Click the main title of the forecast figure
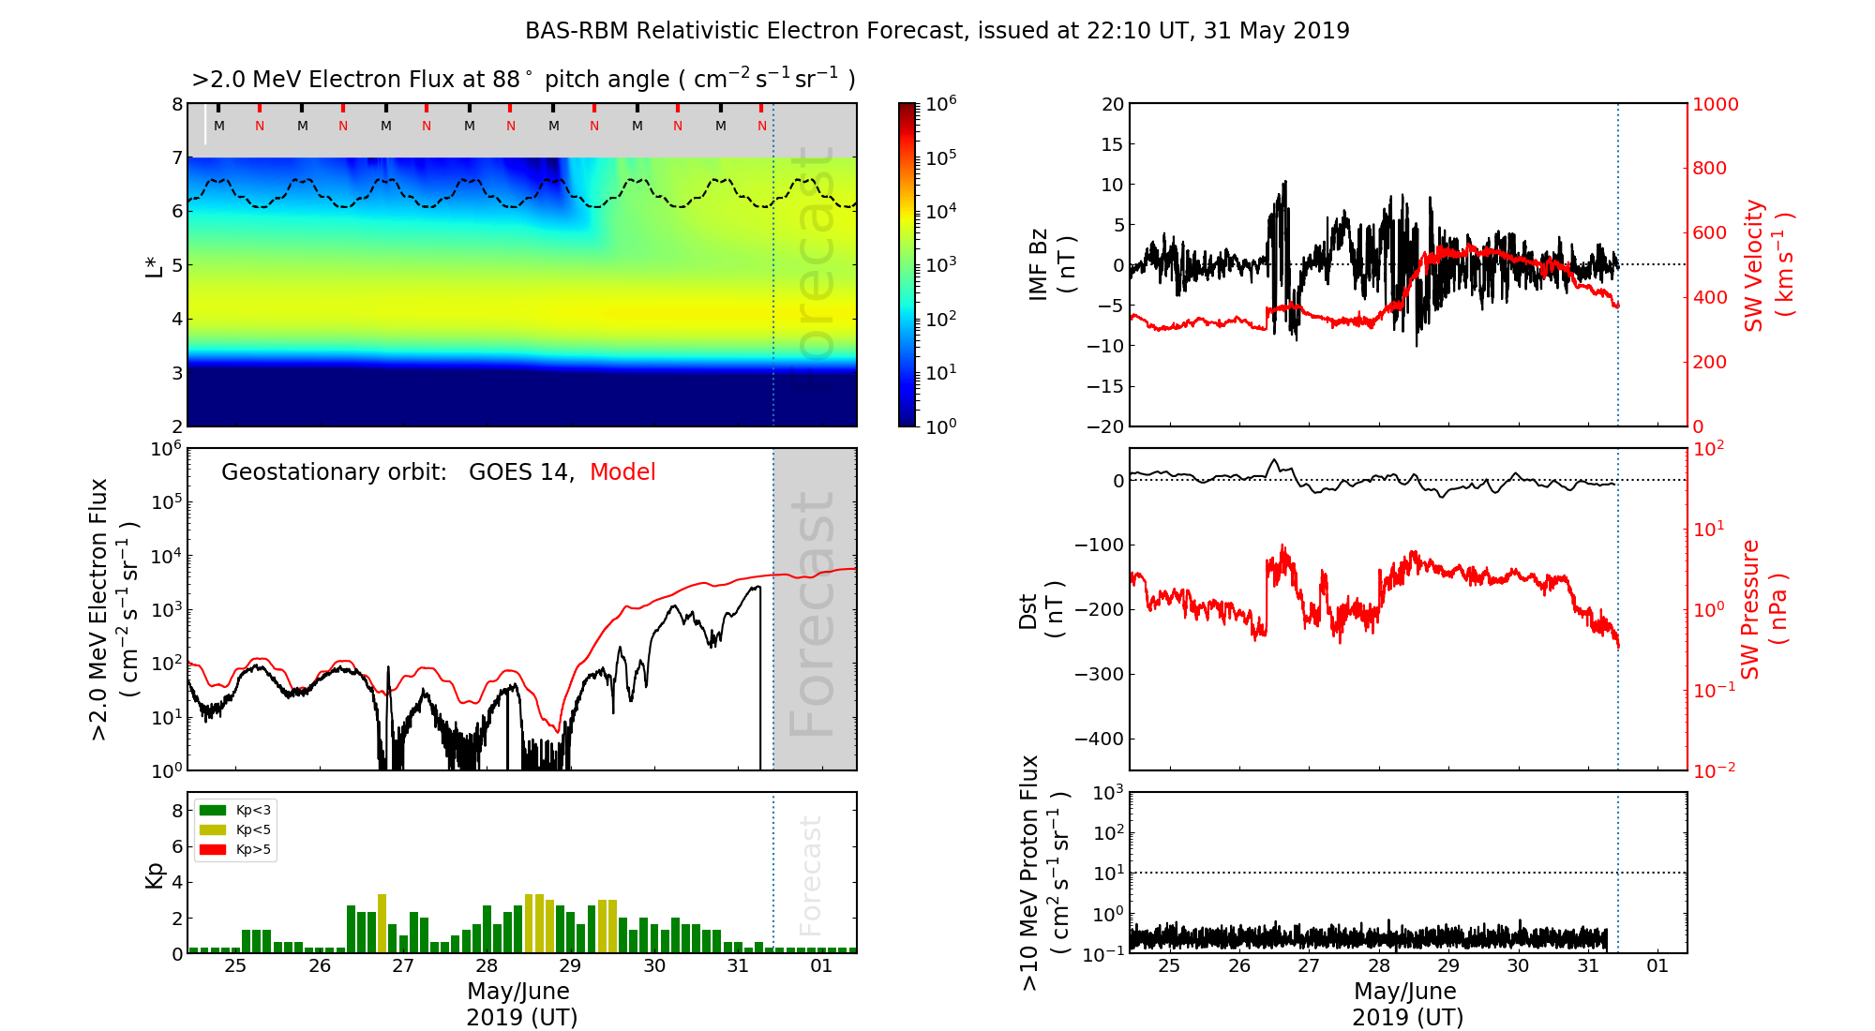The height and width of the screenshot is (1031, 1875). [x=937, y=31]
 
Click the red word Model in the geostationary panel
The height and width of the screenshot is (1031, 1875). [x=622, y=472]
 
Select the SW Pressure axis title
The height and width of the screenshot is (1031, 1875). [x=1762, y=609]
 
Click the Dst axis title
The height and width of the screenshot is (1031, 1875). [x=1041, y=610]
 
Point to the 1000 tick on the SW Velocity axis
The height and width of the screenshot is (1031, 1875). [x=1715, y=104]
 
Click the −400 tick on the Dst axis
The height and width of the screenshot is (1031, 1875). [x=1098, y=739]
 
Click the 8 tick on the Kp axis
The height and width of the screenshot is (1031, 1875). [x=176, y=811]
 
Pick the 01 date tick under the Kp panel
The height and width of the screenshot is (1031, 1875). [x=821, y=966]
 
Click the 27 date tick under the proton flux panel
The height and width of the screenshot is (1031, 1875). [x=1309, y=966]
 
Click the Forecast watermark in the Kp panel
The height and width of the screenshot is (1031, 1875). [x=810, y=875]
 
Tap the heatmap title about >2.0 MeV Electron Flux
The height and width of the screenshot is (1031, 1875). [x=523, y=80]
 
